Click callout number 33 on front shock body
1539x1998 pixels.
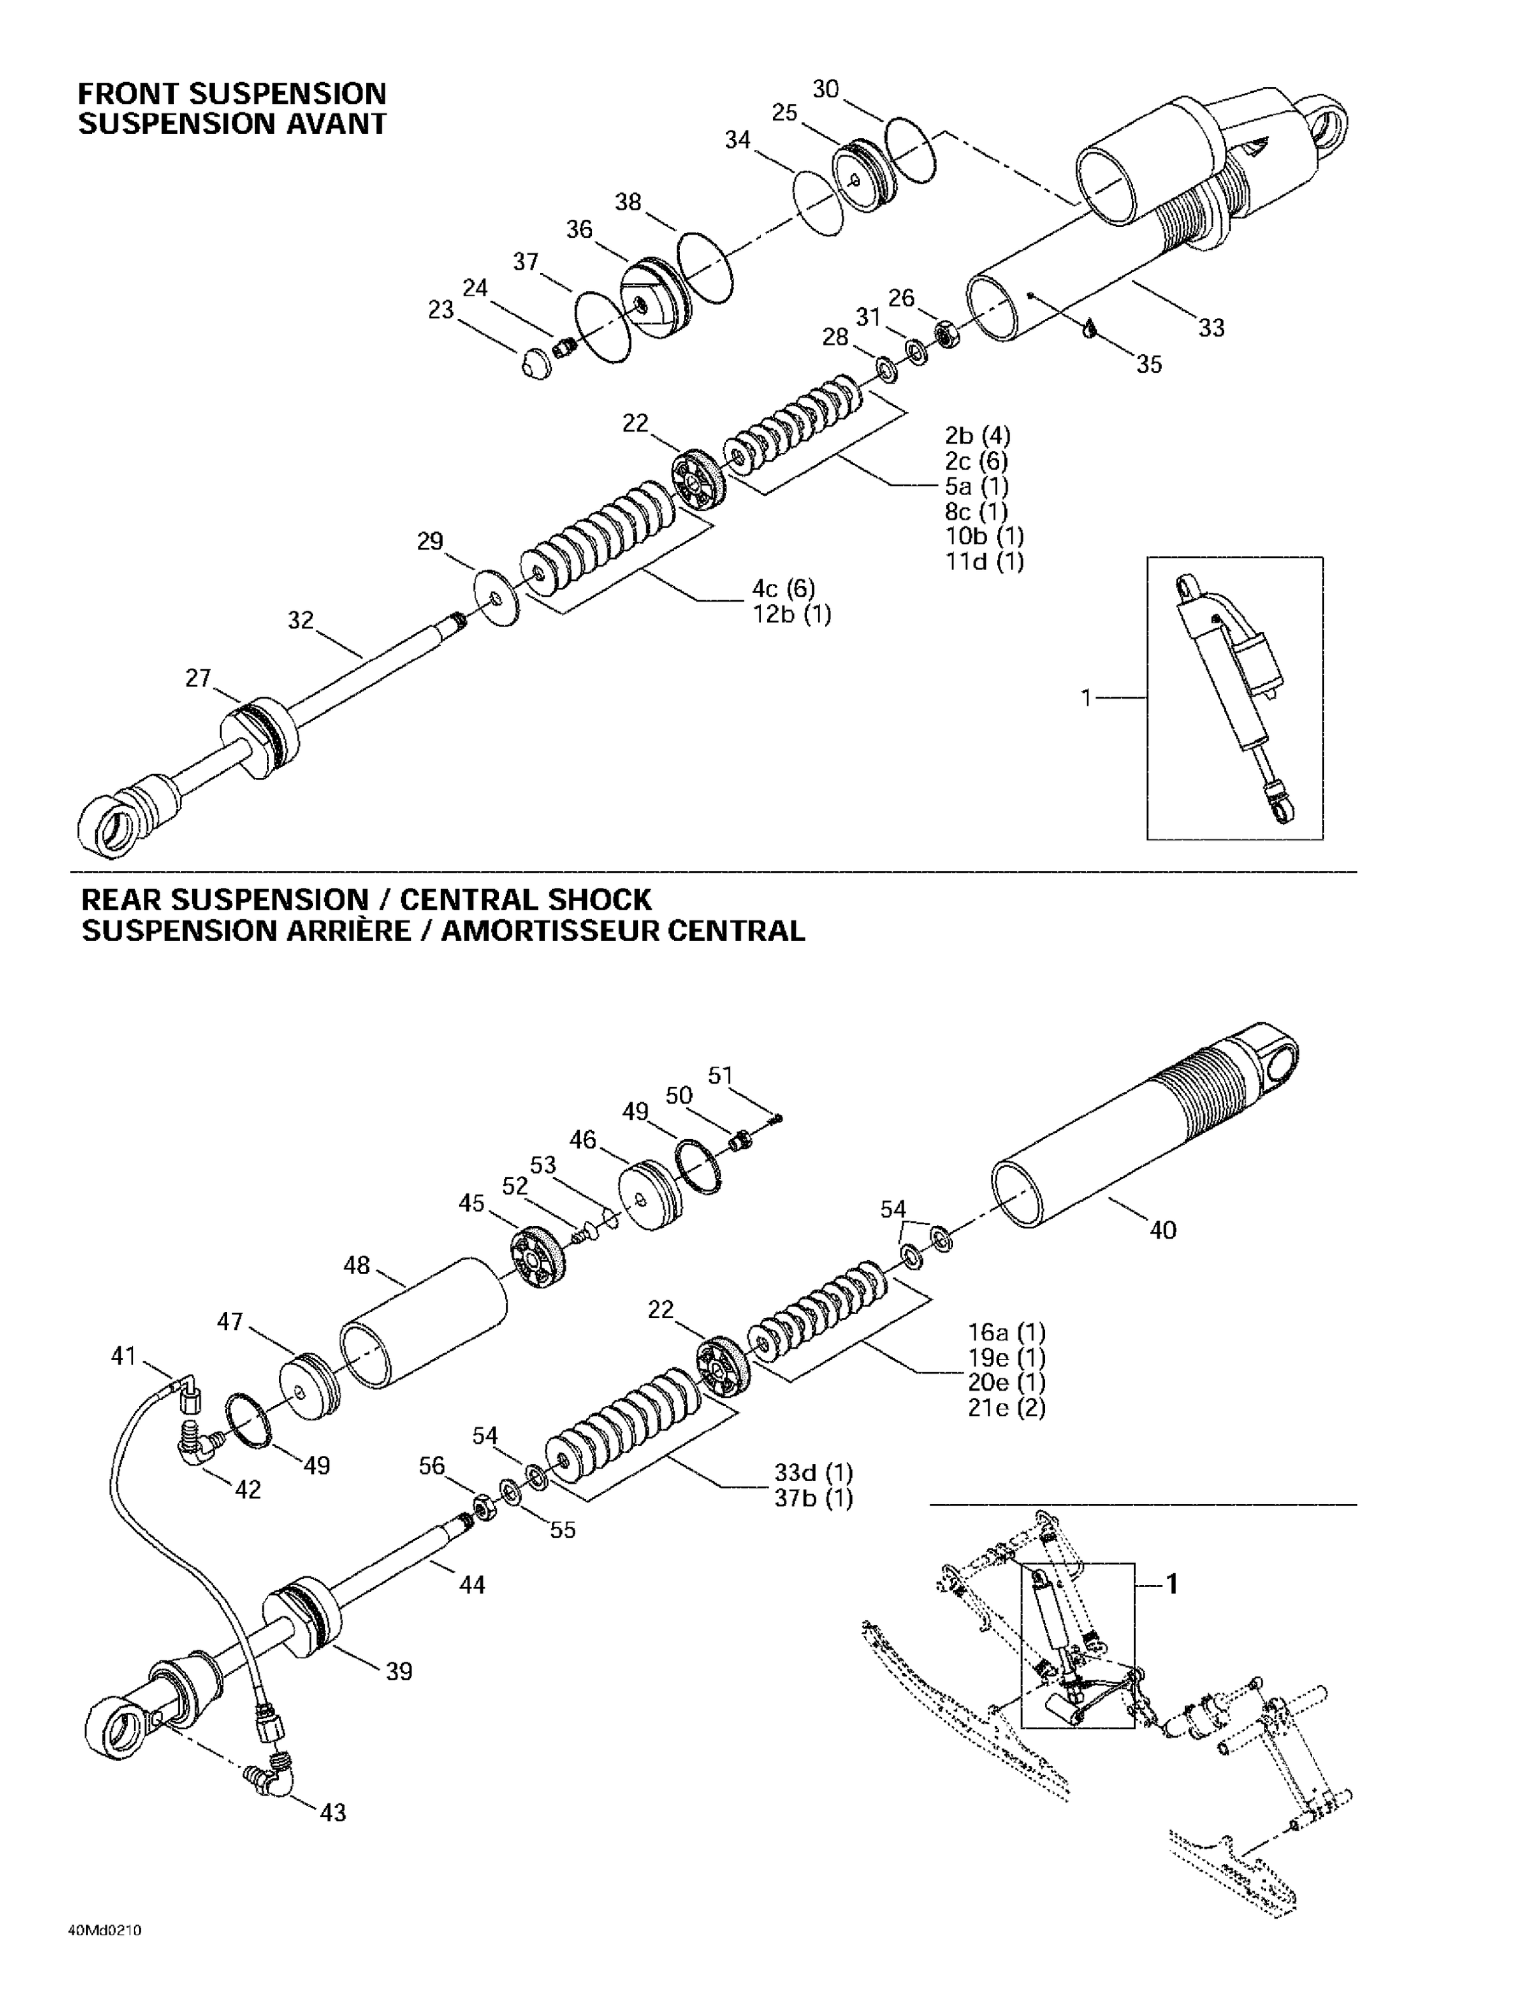tap(1211, 328)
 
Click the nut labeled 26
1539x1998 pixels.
tap(947, 335)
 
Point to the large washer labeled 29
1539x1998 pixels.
tap(497, 599)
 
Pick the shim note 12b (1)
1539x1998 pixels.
tap(791, 614)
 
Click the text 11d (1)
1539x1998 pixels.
tap(984, 561)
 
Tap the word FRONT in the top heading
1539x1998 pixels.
tap(131, 94)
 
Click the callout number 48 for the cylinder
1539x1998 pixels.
tap(356, 1265)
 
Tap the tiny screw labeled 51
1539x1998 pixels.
tap(776, 1116)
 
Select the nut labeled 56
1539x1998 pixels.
tap(483, 1506)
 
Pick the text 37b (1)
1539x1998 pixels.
tap(813, 1498)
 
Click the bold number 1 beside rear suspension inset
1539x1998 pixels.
tap(1171, 1584)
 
